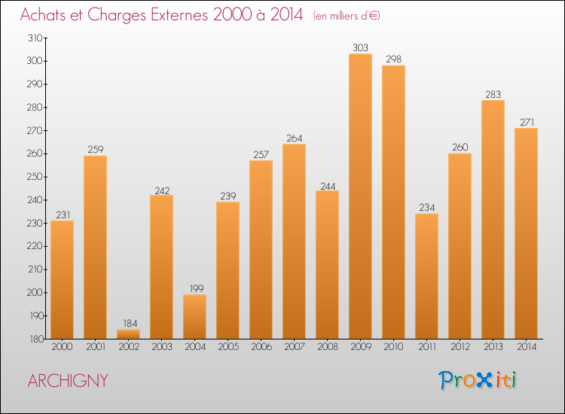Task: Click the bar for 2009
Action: coord(360,196)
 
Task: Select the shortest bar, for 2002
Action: coord(128,334)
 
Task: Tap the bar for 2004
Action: coord(194,316)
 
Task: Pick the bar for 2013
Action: coord(493,219)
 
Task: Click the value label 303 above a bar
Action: coord(360,48)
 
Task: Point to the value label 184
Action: coord(128,324)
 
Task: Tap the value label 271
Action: coord(526,123)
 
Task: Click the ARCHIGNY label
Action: coord(68,381)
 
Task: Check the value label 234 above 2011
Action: coord(426,208)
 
